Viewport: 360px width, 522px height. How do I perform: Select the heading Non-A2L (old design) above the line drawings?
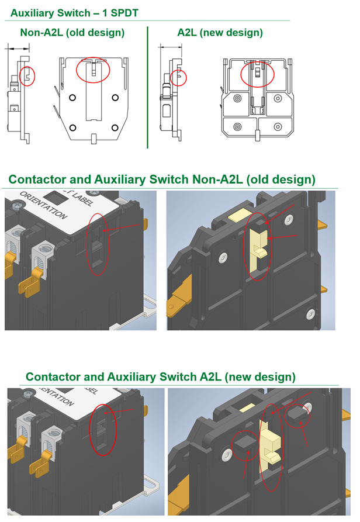coord(72,33)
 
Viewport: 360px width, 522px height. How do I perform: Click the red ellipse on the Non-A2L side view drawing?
coord(27,75)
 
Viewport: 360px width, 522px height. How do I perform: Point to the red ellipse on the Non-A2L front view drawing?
coord(93,70)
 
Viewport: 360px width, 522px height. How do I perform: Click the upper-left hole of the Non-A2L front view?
coord(72,98)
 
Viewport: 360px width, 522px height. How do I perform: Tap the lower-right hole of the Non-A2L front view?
coord(115,127)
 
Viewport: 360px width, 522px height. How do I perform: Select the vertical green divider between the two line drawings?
coord(147,88)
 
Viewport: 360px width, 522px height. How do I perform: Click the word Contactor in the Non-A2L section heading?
coord(37,179)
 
